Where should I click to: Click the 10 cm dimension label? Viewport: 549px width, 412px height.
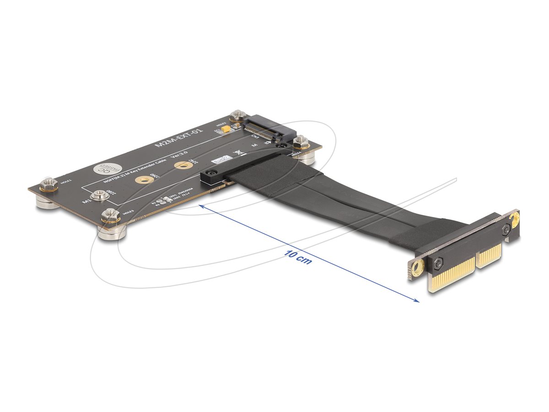pyautogui.click(x=298, y=258)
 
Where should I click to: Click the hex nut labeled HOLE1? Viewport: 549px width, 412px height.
pyautogui.click(x=48, y=184)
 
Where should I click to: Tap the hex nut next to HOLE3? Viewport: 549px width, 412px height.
pyautogui.click(x=110, y=215)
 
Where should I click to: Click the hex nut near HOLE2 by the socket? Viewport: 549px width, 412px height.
pyautogui.click(x=237, y=117)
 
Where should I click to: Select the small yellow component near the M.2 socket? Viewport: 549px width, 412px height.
pyautogui.click(x=226, y=131)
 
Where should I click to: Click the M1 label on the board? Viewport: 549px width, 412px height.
pyautogui.click(x=85, y=201)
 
